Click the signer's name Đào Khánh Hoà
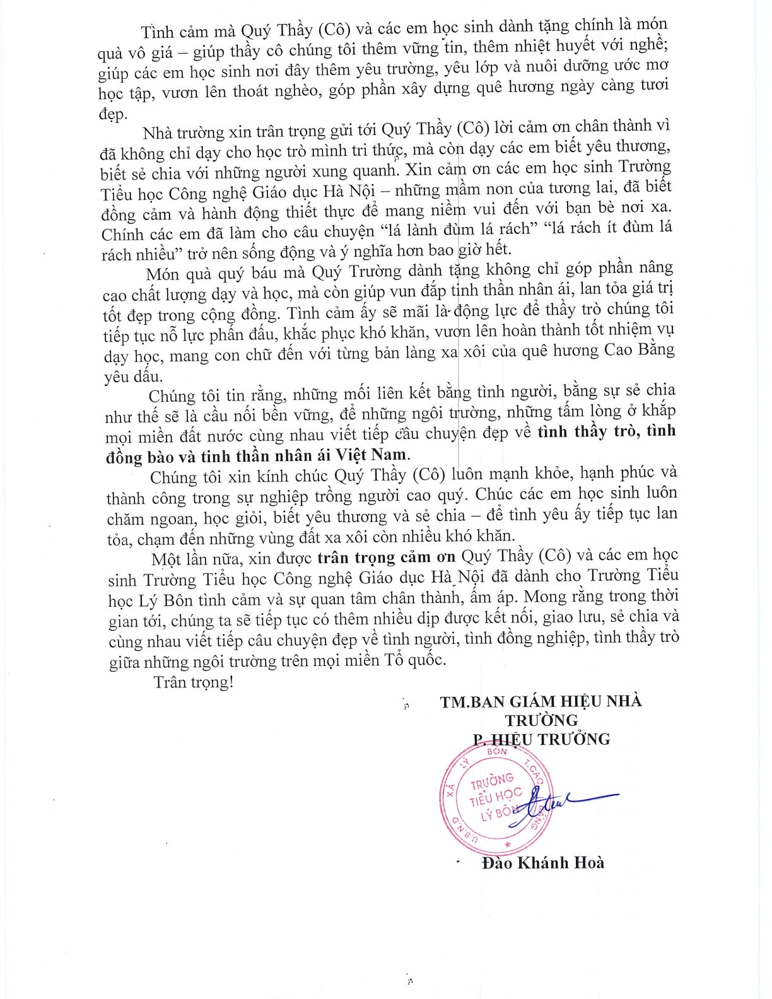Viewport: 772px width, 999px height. tap(542, 862)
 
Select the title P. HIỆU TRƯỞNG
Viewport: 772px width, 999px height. tap(541, 739)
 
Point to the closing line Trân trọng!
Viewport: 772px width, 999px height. tap(193, 682)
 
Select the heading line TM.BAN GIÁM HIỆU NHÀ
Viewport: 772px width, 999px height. tap(541, 701)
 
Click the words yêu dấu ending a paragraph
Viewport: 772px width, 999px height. tap(133, 377)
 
